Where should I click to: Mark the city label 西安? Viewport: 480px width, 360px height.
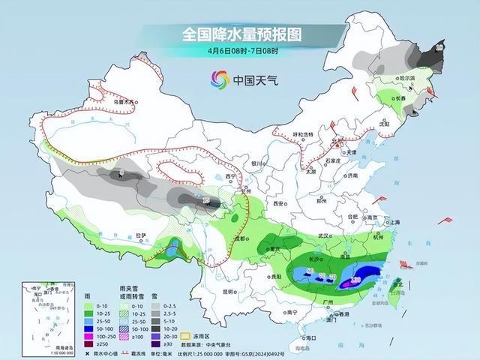(280, 203)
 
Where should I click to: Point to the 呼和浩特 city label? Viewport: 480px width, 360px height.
(303, 134)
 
